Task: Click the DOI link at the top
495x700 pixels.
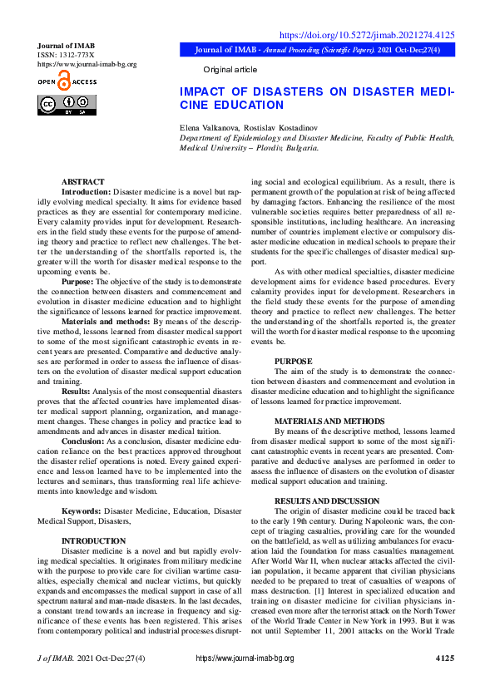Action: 366,35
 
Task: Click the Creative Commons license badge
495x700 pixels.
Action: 67,105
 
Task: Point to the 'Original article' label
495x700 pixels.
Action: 230,70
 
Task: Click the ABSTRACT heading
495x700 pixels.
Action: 83,181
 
